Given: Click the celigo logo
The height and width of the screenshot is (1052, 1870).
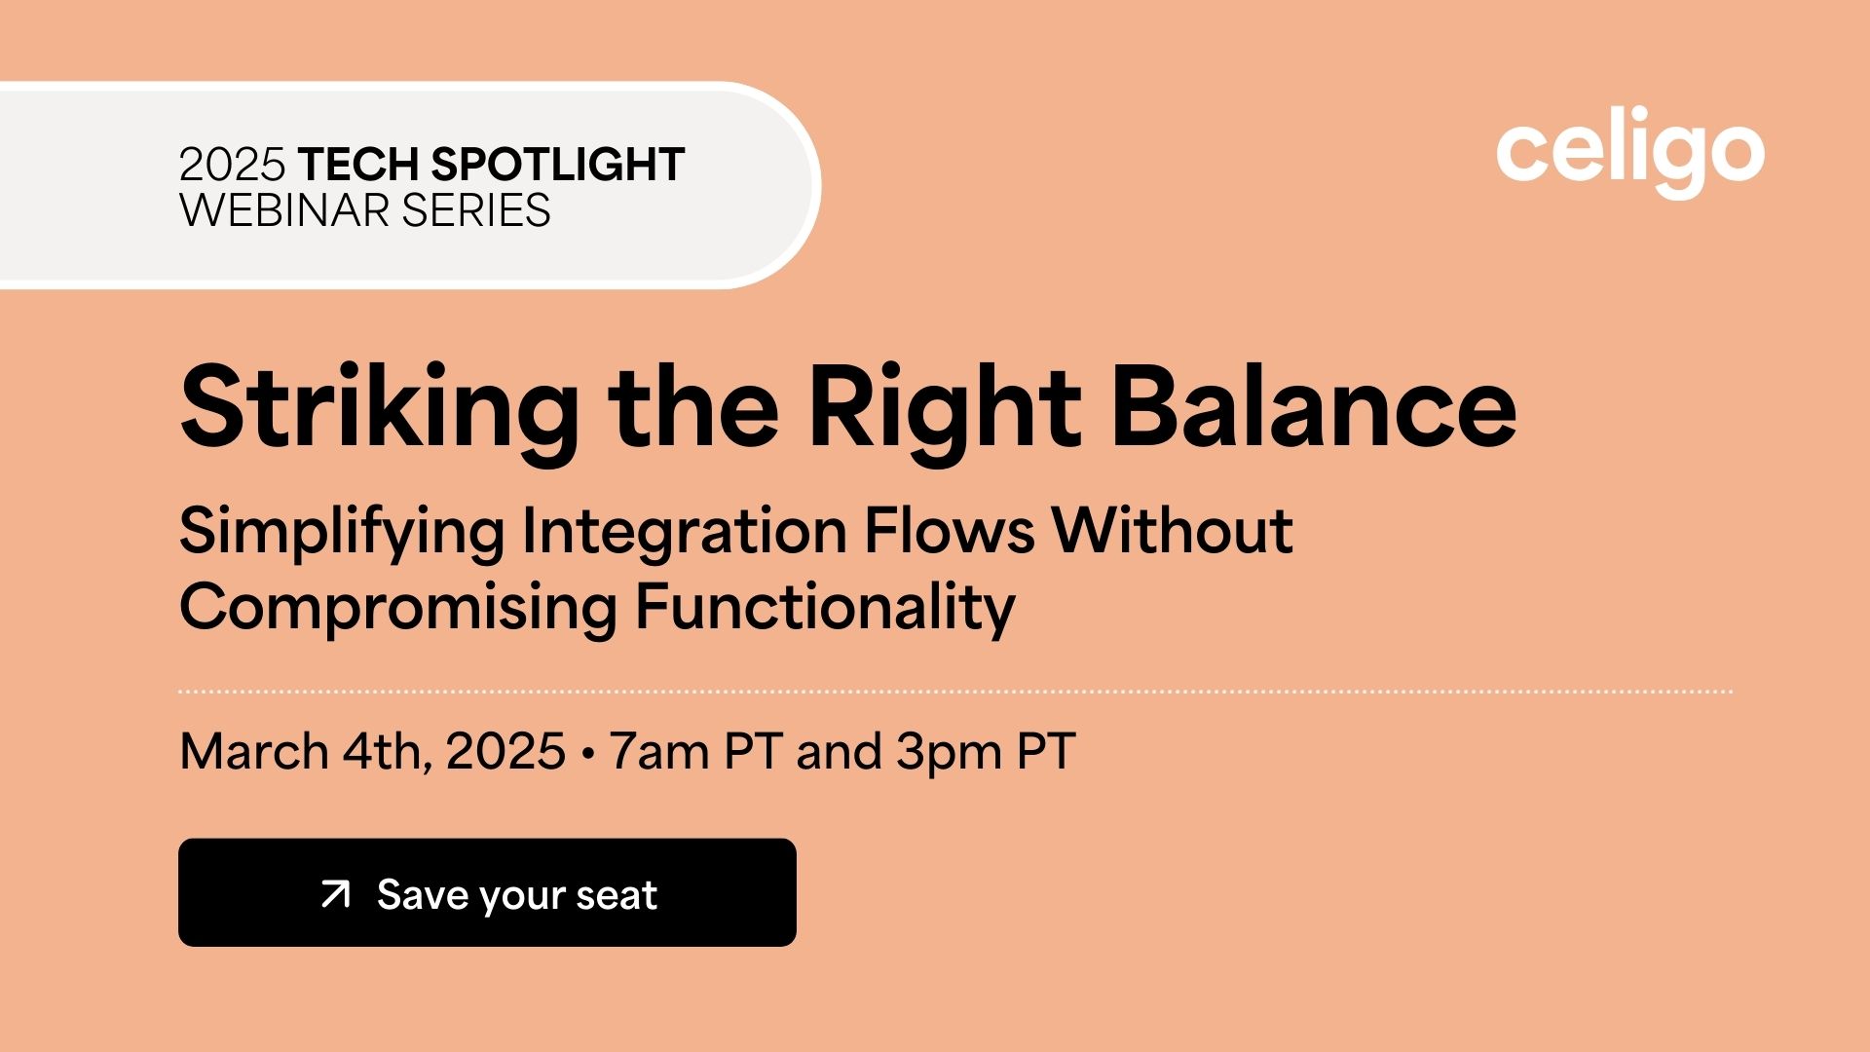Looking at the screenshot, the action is click(x=1630, y=152).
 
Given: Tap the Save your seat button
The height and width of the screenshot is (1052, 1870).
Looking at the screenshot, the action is click(x=487, y=892).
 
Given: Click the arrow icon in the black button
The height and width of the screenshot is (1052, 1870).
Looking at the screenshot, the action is click(x=335, y=894).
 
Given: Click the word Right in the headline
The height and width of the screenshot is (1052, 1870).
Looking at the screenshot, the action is click(x=945, y=408).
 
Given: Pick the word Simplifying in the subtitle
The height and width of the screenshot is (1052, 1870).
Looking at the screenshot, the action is click(x=342, y=534).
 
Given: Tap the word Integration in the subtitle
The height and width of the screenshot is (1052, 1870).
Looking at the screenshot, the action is click(x=685, y=534).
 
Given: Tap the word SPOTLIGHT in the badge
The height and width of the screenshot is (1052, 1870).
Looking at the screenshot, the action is click(x=558, y=165).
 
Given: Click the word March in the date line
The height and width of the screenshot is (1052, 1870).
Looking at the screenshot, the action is click(x=254, y=751).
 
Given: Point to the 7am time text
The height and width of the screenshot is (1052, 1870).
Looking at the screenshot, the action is click(x=658, y=752).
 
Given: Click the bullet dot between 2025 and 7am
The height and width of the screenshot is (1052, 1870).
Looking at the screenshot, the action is click(x=587, y=754).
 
